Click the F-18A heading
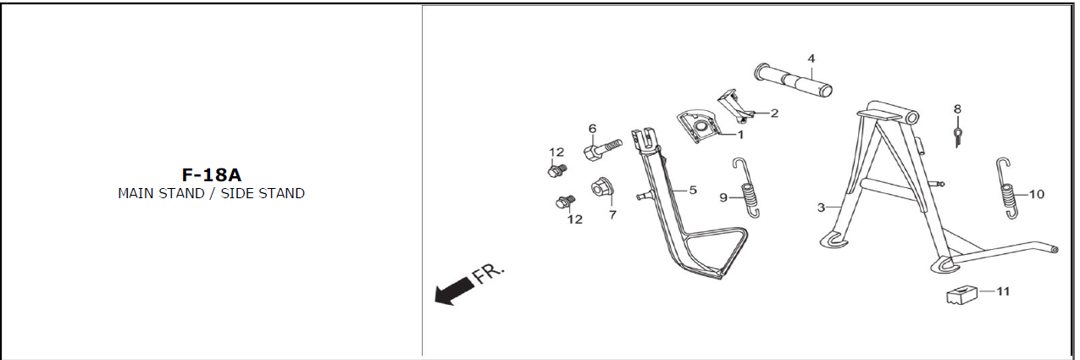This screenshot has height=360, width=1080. (212, 175)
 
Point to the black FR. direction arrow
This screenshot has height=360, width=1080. (454, 291)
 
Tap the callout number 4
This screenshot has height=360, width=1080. (811, 58)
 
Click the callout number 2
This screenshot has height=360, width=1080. (774, 114)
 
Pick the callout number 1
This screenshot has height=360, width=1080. (741, 135)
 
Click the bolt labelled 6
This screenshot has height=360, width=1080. (602, 150)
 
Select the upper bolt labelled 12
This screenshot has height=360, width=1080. (557, 170)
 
